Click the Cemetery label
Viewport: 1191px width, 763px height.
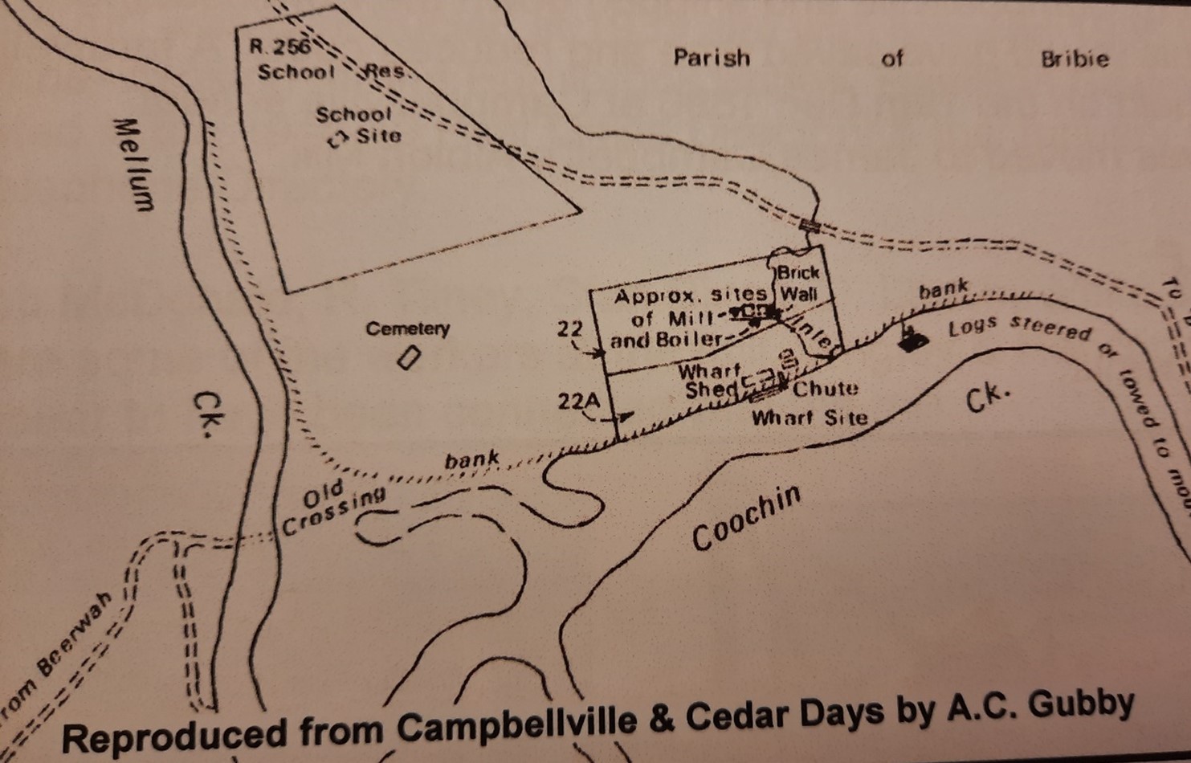pyautogui.click(x=407, y=328)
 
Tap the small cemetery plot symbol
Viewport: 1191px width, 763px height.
pyautogui.click(x=409, y=357)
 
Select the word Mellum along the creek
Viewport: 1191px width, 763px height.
pyautogui.click(x=133, y=165)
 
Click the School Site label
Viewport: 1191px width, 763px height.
pyautogui.click(x=358, y=125)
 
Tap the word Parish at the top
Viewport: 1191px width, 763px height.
pyautogui.click(x=712, y=58)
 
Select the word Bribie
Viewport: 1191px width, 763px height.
pyautogui.click(x=1075, y=59)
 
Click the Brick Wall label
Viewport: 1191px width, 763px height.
pyautogui.click(x=798, y=283)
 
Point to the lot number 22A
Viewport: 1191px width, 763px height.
pyautogui.click(x=575, y=400)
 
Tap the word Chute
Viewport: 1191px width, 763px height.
pyautogui.click(x=825, y=389)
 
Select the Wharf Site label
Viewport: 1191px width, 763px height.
pyautogui.click(x=809, y=418)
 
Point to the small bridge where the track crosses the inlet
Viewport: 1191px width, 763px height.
pyautogui.click(x=809, y=226)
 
